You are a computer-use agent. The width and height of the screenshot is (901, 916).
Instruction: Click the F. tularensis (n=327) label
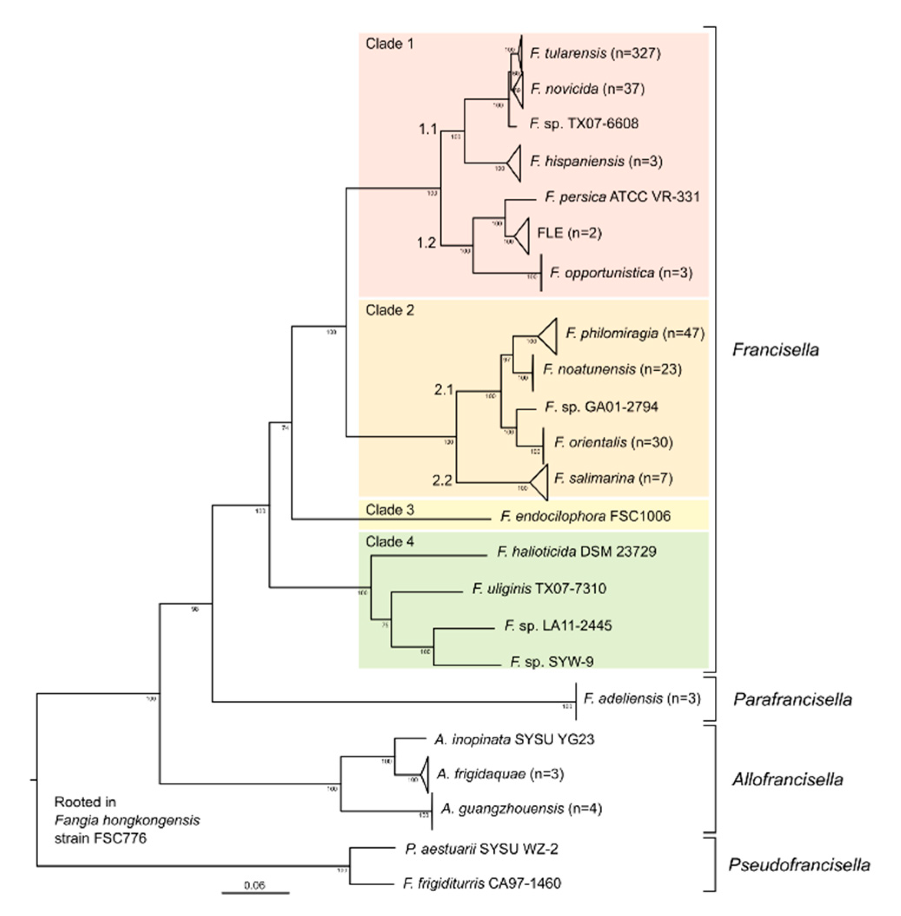pos(595,53)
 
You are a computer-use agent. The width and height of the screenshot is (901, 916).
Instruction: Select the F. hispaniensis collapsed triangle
pos(515,164)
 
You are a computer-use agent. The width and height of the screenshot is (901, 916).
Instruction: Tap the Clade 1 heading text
pos(389,44)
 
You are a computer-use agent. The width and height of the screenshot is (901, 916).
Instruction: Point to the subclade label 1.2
pos(426,243)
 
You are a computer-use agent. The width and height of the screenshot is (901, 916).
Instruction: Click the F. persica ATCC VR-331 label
pos(622,197)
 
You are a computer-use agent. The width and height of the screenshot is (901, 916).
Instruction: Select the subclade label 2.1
pos(443,390)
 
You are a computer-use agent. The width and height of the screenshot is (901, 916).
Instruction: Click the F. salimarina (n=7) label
pos(613,478)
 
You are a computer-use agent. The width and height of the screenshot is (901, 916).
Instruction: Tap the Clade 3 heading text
pos(389,510)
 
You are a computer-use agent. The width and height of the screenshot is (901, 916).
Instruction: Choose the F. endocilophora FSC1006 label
pos(585,516)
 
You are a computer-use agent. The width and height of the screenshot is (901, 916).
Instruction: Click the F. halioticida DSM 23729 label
pos(576,552)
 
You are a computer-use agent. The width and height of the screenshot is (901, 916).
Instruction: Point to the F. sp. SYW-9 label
pos(552,662)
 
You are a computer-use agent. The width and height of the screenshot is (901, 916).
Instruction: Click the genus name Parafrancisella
pos(792,699)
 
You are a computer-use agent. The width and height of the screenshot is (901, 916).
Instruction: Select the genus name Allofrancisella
pos(787,779)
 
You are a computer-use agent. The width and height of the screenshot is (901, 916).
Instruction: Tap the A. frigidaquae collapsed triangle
pos(424,774)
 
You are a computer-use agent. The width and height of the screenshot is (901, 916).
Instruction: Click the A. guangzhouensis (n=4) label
pos(521,809)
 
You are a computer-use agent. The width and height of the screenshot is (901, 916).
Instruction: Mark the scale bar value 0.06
pos(254,885)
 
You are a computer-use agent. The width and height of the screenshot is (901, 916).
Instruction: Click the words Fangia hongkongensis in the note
pos(127,820)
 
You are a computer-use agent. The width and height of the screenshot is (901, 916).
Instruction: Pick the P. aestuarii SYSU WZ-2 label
pos(481,849)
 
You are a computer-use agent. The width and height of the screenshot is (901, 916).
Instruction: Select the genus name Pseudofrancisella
pos(799,865)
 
